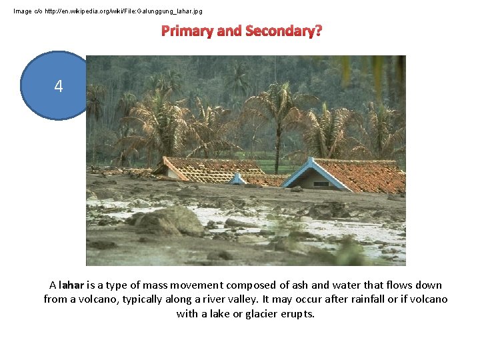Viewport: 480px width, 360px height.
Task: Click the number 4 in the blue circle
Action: click(x=59, y=86)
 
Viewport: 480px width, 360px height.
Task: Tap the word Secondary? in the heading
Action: click(x=284, y=31)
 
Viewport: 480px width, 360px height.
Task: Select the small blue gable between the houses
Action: click(x=237, y=179)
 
